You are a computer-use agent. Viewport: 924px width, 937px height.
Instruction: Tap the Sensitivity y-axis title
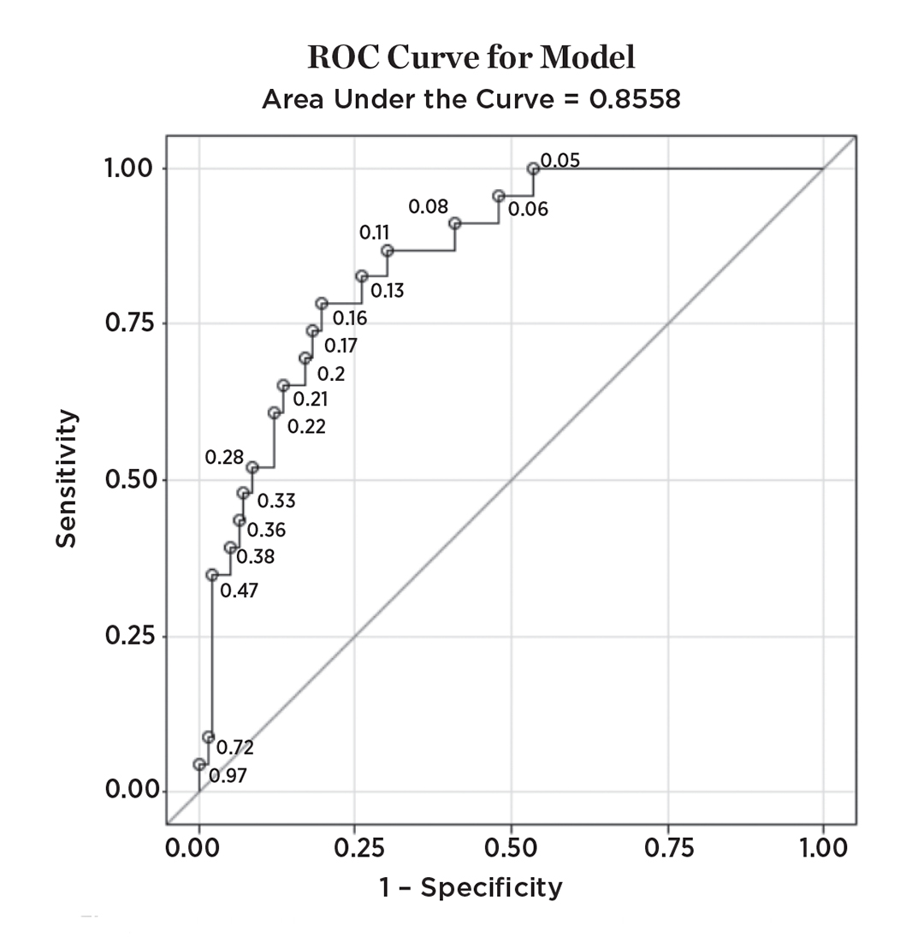[x=68, y=479]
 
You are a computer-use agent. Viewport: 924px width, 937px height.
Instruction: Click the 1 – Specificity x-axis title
[x=471, y=887]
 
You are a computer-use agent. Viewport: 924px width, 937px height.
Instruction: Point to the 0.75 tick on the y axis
[x=129, y=323]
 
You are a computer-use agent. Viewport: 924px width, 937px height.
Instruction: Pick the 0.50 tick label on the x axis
[x=511, y=849]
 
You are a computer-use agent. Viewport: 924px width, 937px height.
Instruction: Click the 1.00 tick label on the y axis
[x=129, y=168]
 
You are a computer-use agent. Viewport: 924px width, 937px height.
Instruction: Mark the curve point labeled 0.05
[x=533, y=169]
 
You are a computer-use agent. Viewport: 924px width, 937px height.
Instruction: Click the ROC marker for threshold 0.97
[x=199, y=764]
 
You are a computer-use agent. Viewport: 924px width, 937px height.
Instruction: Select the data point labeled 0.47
[x=212, y=575]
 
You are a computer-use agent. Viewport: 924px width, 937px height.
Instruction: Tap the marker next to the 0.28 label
[x=252, y=467]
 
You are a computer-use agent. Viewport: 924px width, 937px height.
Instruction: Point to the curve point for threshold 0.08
[x=455, y=223]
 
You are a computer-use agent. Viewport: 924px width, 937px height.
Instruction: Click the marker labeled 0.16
[x=322, y=304]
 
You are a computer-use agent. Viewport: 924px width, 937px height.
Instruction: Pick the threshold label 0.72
[x=235, y=747]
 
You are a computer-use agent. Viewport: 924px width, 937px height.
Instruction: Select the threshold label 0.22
[x=306, y=426]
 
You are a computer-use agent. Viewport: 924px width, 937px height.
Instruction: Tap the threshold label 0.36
[x=267, y=531]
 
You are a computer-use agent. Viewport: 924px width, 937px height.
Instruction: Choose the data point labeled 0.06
[x=499, y=196]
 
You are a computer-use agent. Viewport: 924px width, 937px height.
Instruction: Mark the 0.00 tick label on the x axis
[x=198, y=849]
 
